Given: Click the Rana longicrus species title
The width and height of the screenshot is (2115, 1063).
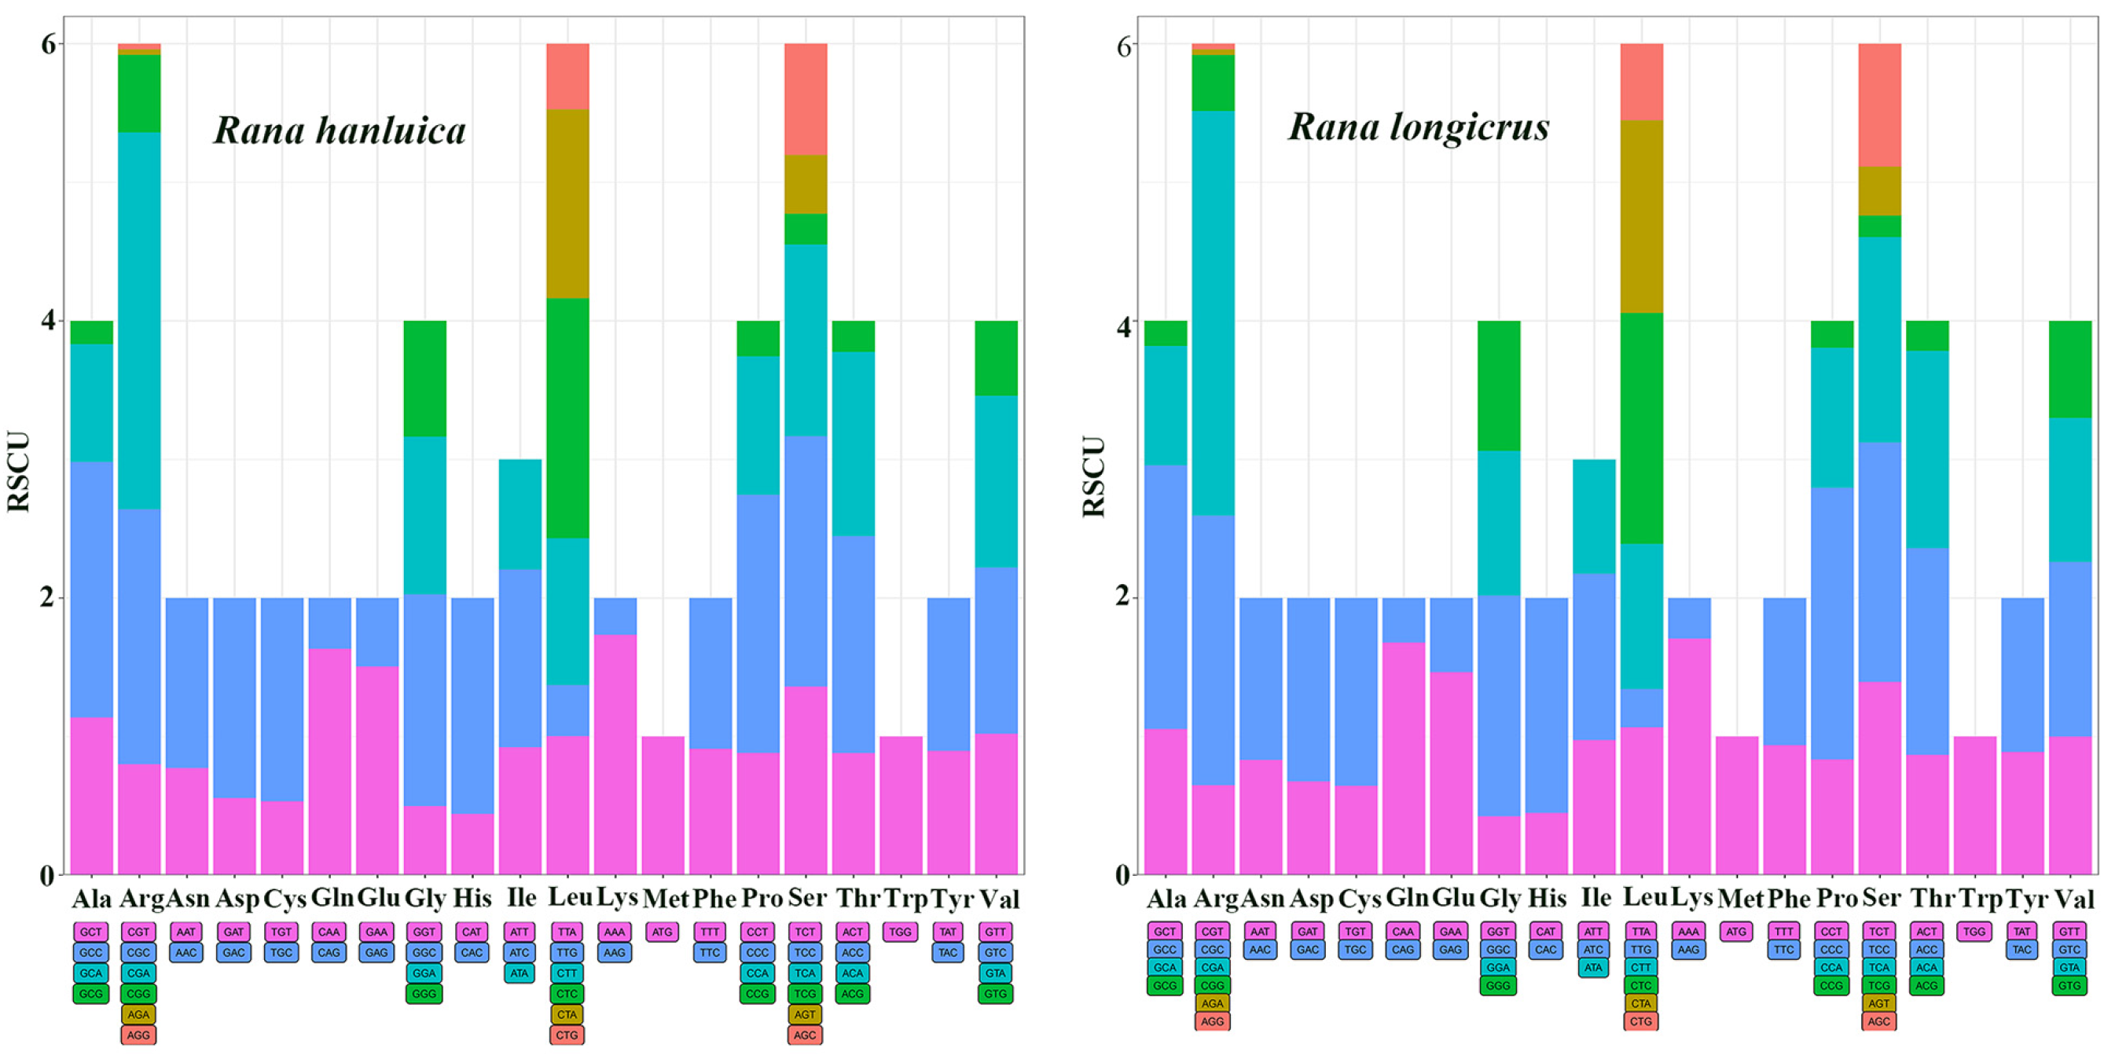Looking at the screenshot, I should click(1418, 127).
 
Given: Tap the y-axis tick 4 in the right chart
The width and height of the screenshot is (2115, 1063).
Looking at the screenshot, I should click(1122, 326).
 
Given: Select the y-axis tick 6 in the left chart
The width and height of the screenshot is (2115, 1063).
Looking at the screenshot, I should click(49, 43).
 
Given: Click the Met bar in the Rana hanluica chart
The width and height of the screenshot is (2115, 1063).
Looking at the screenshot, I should click(663, 804).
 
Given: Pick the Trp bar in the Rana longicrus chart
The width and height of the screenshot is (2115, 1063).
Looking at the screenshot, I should click(1974, 804).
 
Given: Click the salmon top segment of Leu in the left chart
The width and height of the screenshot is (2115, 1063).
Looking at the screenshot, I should click(567, 76).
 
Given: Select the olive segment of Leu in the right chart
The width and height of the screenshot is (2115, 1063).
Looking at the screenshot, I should click(1641, 216).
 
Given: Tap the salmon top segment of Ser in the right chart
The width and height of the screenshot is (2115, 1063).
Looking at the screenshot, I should click(1879, 105).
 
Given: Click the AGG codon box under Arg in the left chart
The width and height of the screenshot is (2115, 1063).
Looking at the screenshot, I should click(139, 1035).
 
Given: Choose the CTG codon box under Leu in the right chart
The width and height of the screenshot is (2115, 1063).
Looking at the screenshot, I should click(1640, 1021).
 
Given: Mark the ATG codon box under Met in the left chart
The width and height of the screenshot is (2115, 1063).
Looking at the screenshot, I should click(663, 932).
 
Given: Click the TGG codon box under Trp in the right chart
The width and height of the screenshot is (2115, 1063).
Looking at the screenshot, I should click(1974, 931).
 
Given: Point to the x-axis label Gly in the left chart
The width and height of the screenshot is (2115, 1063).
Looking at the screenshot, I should click(425, 899).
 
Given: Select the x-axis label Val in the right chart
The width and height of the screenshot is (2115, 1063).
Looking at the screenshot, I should click(2073, 899).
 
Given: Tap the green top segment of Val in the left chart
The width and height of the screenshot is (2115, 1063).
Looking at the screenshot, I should click(996, 359).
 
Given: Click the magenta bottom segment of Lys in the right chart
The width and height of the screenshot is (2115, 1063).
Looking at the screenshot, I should click(1689, 756).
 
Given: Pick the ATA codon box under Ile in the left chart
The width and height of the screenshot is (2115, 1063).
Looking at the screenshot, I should click(520, 973).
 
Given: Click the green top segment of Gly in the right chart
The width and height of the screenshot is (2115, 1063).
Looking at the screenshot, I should click(1498, 385).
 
